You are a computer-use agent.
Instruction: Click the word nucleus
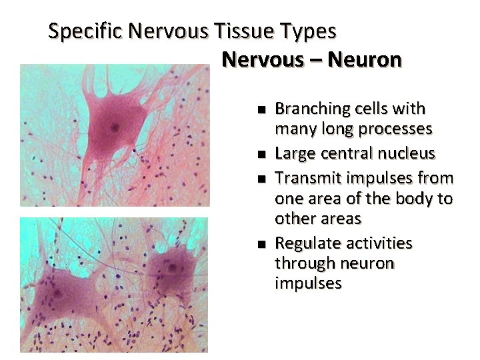(x=408, y=154)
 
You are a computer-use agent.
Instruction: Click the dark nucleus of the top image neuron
(x=116, y=127)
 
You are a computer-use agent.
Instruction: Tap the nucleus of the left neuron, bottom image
(x=58, y=293)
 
